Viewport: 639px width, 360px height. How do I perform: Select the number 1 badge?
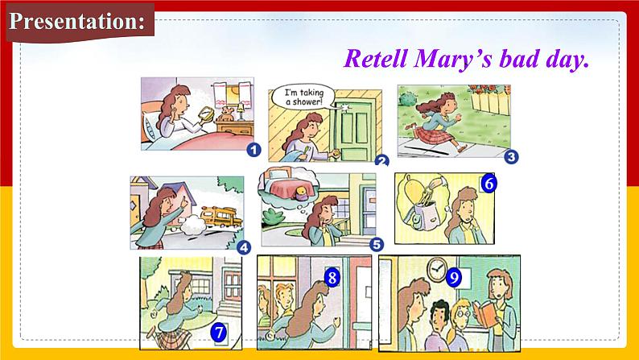point(254,150)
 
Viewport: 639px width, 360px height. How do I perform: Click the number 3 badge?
point(511,157)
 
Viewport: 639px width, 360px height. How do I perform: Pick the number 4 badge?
point(244,247)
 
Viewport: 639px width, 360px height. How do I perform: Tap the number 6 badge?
point(489,184)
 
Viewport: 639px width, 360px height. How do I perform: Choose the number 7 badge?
point(218,333)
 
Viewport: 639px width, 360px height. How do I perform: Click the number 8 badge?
point(332,278)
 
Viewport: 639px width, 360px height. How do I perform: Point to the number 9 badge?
point(454,278)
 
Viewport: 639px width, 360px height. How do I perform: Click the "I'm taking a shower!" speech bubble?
point(304,97)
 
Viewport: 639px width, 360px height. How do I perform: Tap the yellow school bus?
point(221,217)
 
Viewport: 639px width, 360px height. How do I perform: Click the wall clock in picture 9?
point(436,269)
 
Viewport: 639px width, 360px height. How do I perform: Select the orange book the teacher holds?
point(486,313)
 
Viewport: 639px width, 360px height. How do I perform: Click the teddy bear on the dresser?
point(225,114)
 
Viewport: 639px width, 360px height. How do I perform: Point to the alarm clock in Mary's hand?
point(206,114)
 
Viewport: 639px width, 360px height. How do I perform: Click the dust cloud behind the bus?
point(193,225)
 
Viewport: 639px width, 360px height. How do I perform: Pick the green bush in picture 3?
point(407,99)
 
